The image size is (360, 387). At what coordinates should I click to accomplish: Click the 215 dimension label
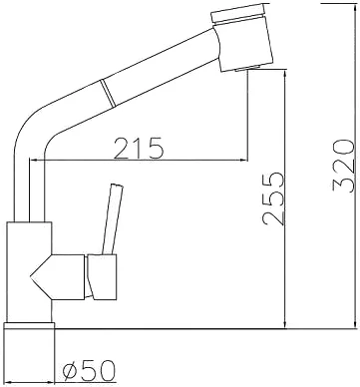pos(139,148)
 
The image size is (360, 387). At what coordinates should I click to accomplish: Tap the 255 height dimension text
pos(273,198)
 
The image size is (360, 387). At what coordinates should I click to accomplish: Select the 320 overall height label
pos(342,166)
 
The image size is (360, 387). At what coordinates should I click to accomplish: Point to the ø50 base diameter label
pos(89,370)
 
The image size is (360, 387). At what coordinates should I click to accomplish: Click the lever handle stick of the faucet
pos(113,219)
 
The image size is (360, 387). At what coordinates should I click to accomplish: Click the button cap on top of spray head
pos(237,13)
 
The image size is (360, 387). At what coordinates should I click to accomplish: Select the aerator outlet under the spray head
pos(247,68)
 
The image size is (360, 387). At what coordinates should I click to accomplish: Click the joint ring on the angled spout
pos(109,93)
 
